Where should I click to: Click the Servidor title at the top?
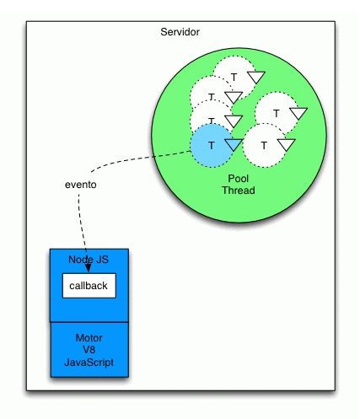tap(180, 32)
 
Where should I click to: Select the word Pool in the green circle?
tap(238, 179)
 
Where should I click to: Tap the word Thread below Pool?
tap(238, 191)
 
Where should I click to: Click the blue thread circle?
tap(210, 145)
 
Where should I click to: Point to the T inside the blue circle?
tap(211, 145)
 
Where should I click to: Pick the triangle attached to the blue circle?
tap(234, 144)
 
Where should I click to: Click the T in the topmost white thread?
tap(234, 78)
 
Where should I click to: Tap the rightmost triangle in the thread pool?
tap(299, 112)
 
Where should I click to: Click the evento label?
tap(80, 185)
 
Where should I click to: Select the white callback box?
tap(89, 286)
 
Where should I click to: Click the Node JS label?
tap(89, 258)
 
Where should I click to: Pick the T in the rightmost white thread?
tap(276, 112)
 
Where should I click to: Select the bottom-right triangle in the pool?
tap(287, 145)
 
